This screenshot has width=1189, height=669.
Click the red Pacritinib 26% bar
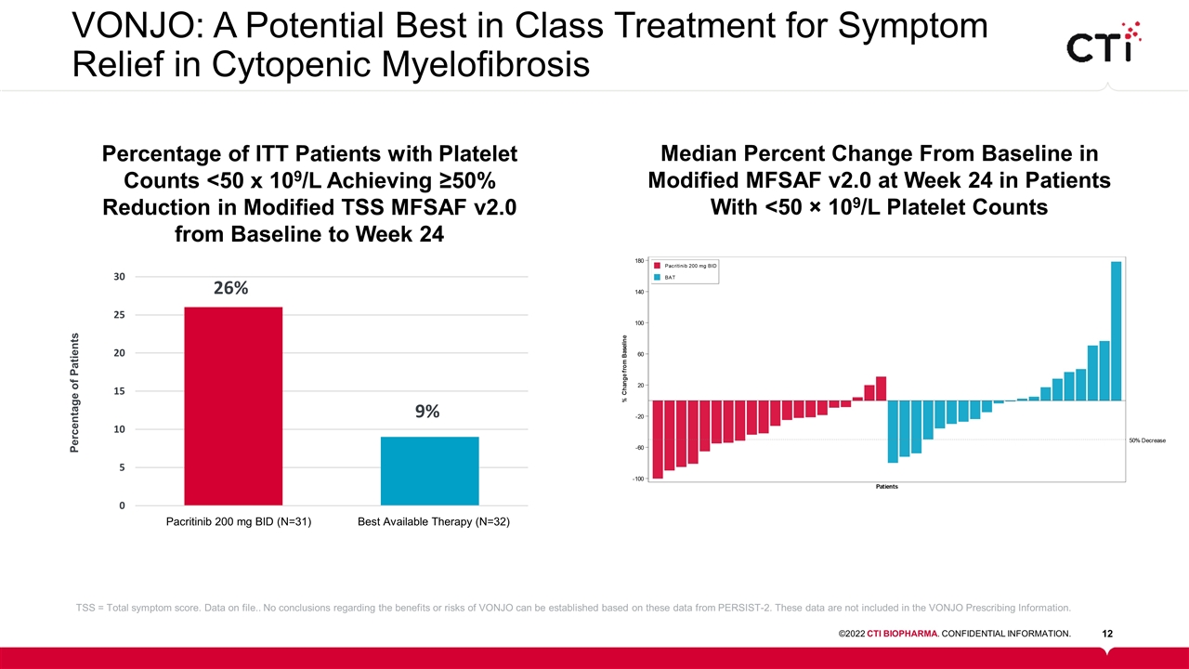[233, 406]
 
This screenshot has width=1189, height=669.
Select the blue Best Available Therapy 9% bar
[429, 471]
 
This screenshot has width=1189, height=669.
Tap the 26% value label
[230, 288]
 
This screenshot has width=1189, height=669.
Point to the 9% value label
[427, 412]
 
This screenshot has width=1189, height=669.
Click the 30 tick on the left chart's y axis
[120, 277]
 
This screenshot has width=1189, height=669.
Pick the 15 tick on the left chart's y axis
[120, 391]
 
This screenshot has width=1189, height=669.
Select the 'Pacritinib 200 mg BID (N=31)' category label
[238, 522]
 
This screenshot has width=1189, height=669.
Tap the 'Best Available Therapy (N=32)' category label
[434, 522]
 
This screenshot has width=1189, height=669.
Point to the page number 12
[1107, 634]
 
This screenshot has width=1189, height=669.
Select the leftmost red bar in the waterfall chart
[658, 439]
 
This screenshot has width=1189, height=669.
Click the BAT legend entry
[668, 277]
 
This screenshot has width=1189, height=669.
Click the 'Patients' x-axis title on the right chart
[886, 487]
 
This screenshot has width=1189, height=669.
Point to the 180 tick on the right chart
[639, 261]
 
